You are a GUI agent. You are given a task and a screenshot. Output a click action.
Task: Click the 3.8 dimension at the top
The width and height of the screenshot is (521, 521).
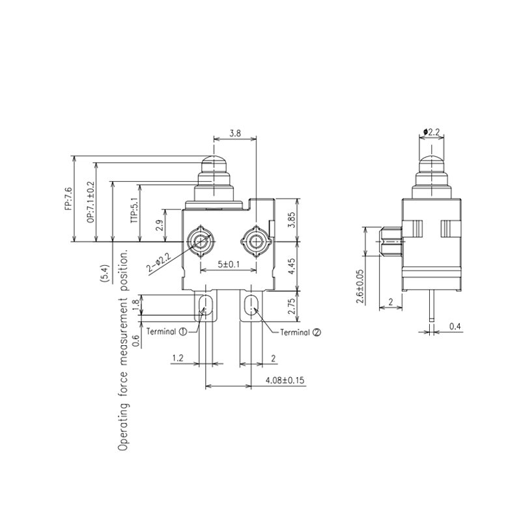tap(235, 133)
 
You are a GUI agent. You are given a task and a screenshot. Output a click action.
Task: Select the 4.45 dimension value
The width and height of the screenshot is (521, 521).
tap(292, 266)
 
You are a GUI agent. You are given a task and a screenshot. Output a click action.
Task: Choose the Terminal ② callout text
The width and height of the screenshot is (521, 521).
tap(300, 332)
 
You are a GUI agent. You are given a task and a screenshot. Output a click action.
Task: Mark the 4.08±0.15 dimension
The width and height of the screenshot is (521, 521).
tap(285, 380)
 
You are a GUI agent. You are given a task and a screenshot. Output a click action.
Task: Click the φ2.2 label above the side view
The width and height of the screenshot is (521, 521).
tap(432, 132)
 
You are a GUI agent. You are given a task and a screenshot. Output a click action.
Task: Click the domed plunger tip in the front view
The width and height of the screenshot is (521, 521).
tap(216, 162)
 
